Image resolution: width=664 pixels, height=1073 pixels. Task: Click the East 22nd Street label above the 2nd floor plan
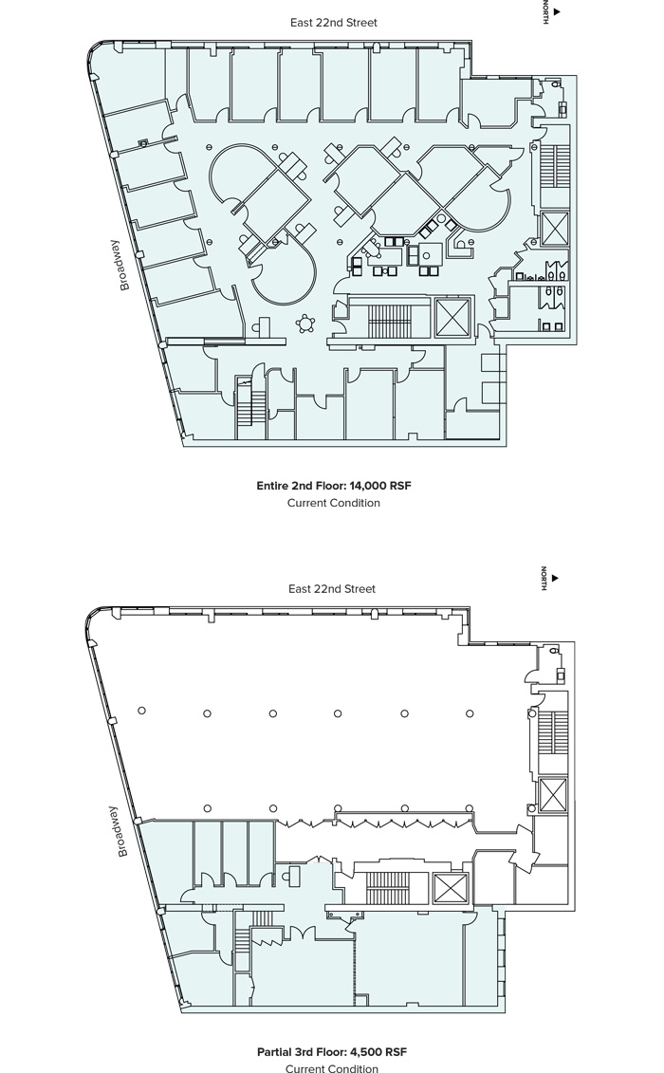tap(333, 23)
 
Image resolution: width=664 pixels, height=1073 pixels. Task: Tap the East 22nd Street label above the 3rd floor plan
tap(332, 588)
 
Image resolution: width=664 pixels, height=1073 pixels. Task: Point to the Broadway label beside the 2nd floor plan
tap(123, 265)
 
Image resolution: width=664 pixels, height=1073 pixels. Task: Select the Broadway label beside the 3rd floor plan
tap(121, 831)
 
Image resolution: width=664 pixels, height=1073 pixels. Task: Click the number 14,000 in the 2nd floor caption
tap(368, 486)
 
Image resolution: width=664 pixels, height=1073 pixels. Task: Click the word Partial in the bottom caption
tap(274, 1052)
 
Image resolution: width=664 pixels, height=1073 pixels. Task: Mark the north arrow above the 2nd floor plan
tap(557, 11)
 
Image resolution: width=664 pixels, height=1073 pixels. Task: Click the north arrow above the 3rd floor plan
tap(555, 578)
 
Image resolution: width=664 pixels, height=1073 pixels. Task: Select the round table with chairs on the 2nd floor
tap(304, 323)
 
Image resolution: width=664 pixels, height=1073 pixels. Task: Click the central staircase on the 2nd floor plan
tap(387, 321)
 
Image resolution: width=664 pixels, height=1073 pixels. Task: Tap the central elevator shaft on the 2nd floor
tap(453, 317)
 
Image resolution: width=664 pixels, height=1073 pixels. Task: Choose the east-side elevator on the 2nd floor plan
tap(554, 228)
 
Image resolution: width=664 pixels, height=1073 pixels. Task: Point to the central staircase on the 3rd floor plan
tap(387, 888)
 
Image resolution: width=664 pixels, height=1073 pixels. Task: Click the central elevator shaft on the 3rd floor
tap(452, 888)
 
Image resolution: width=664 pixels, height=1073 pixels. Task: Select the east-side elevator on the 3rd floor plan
tap(553, 795)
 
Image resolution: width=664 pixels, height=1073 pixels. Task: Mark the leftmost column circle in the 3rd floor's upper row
tap(141, 711)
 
